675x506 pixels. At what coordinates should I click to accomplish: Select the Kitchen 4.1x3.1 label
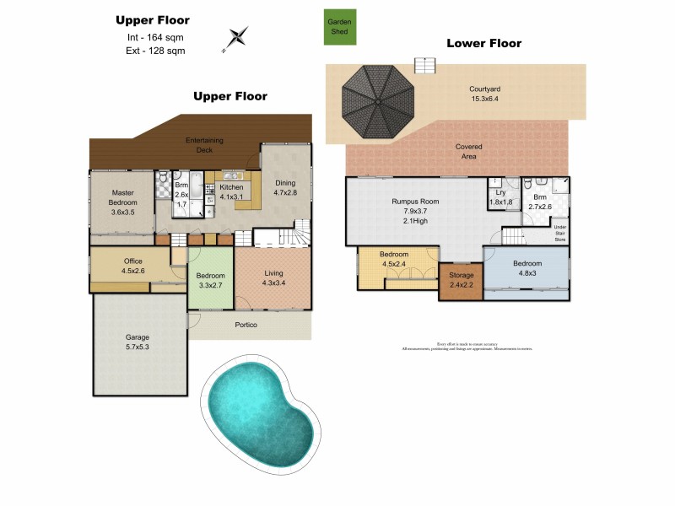pos(231,192)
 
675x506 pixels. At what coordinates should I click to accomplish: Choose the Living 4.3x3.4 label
pos(273,277)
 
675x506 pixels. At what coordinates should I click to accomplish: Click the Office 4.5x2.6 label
pos(132,266)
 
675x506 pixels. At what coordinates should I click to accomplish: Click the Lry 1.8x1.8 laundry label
pos(500,197)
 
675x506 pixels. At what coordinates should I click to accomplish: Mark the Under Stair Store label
pos(559,231)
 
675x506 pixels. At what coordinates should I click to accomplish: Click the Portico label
pos(246,326)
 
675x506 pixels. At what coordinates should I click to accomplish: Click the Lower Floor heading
pos(483,43)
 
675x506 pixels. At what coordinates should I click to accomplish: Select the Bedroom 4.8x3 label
pos(527,268)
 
